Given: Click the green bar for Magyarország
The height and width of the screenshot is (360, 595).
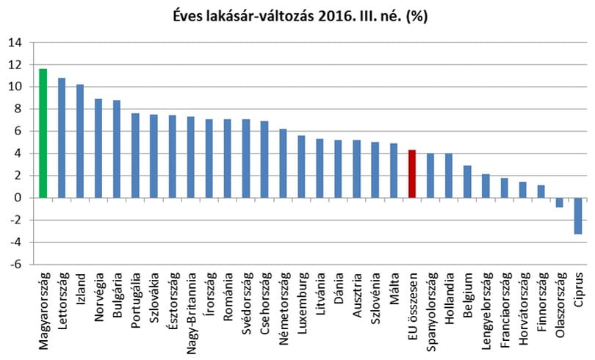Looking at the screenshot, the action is click(x=43, y=133).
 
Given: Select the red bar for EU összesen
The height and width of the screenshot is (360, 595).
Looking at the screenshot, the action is click(x=412, y=173).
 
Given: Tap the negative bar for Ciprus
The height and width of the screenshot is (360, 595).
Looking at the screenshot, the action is click(x=578, y=216).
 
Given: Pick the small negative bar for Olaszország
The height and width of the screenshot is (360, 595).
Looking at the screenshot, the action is click(x=559, y=203).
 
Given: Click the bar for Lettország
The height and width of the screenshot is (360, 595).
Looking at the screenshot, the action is click(x=62, y=137).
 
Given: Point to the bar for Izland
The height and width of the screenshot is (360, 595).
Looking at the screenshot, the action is click(x=79, y=141).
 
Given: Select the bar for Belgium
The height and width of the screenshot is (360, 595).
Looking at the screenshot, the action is click(x=467, y=181).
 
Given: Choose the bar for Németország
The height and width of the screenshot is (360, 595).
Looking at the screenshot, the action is click(x=283, y=164).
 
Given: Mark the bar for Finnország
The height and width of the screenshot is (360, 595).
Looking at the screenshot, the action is click(x=541, y=192).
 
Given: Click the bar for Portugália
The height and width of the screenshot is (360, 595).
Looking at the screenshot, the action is click(x=135, y=156).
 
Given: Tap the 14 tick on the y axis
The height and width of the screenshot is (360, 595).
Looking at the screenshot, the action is click(x=15, y=43).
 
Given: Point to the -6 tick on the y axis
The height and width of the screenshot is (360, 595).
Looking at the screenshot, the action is click(x=15, y=264).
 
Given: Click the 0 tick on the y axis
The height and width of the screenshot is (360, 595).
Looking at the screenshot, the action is click(x=19, y=198).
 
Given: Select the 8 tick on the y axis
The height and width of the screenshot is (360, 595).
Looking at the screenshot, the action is click(x=19, y=109).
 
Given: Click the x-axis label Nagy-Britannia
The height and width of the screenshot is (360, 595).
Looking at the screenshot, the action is click(x=192, y=313).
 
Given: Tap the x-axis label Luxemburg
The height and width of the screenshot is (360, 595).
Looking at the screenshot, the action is click(x=302, y=303).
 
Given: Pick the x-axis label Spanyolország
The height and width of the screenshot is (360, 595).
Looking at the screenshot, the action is click(x=431, y=312).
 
